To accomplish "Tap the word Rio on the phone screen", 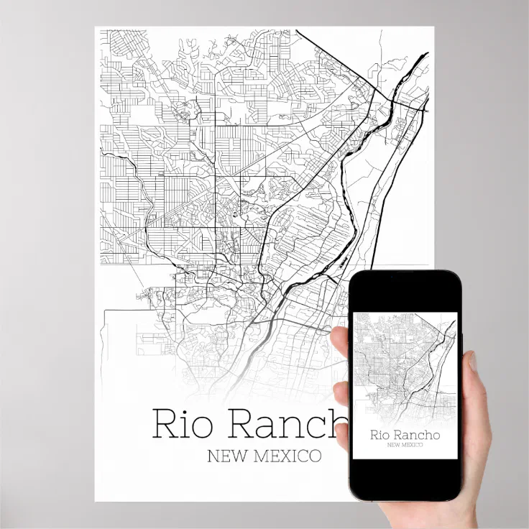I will (380, 434).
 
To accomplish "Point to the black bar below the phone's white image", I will (404, 479).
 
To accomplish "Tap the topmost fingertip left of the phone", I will (341, 339).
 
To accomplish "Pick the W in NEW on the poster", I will (234, 456).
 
